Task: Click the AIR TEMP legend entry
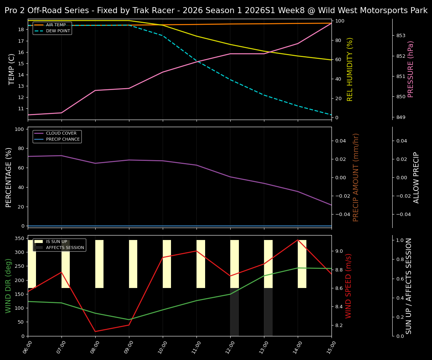coord(55,25)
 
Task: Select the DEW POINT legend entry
coord(58,31)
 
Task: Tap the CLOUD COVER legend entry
coord(61,133)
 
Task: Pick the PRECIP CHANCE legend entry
coord(63,139)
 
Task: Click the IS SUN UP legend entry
coord(56,242)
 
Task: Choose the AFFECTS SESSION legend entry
coord(65,247)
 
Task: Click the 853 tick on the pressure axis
coord(400,36)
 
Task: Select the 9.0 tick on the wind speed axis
coord(349,251)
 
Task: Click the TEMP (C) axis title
coord(12,69)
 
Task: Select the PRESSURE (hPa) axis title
coord(411,69)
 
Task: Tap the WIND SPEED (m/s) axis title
coord(349,286)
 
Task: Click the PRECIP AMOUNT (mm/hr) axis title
coord(356,177)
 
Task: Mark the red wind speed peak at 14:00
coord(298,240)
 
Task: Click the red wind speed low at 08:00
coord(95,331)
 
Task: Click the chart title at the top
coord(216,10)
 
